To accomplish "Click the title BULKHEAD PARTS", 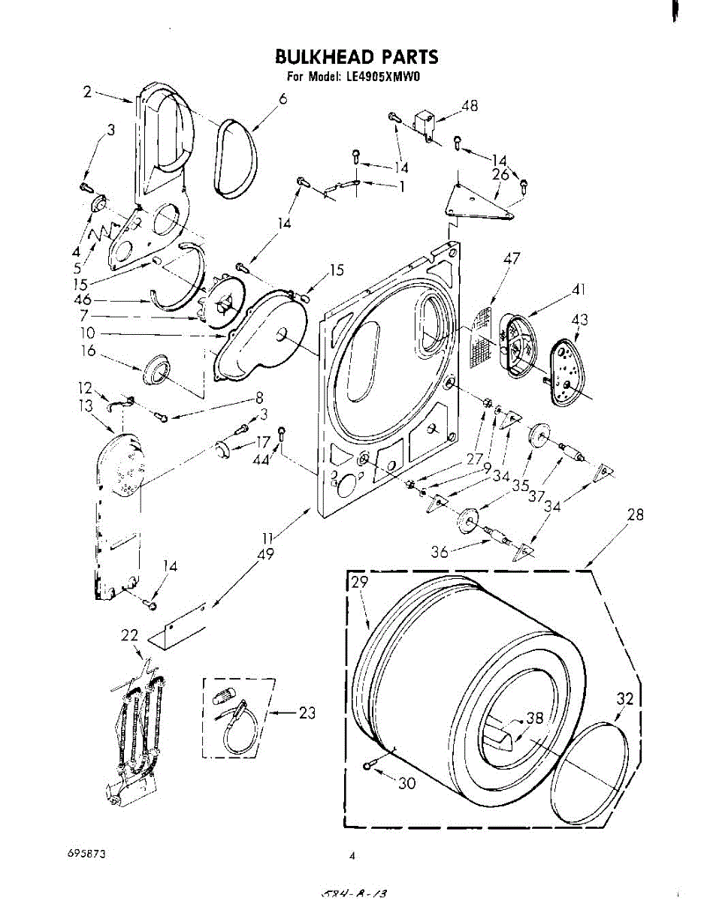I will pos(356,57).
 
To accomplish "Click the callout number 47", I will pos(512,259).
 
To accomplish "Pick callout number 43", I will pos(580,321).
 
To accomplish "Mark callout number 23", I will pos(307,713).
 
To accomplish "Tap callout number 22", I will pos(130,635).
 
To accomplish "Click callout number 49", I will pos(265,555).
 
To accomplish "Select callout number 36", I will pos(440,552).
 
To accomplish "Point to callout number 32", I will pos(625,699).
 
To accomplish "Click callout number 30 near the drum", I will pos(406,784).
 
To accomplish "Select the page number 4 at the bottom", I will pos(351,855).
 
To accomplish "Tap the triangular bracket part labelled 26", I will pos(477,203).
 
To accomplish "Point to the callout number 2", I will pos(87,92).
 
